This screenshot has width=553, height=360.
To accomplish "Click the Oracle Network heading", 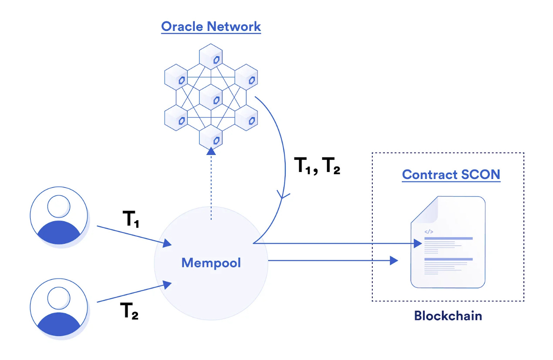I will pos(211,26).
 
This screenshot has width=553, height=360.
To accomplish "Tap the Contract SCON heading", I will pos(451,175).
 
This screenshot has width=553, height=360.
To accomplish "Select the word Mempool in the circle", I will pos(211,263).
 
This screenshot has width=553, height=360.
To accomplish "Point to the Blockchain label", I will pos(448,315).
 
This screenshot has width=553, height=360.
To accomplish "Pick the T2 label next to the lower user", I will pos(129,312).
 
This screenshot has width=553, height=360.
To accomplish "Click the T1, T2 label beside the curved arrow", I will pos(317,166).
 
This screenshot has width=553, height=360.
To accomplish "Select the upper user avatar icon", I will pos(59,216).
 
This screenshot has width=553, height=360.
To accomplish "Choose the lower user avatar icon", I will pos(59,309).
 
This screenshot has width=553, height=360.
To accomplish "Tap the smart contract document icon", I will pos(448,242).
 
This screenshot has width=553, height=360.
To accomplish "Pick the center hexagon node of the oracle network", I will pos(211,98).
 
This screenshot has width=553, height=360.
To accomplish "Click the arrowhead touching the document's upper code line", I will pos(418,243).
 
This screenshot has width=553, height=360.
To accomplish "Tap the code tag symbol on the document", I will pos(428,232).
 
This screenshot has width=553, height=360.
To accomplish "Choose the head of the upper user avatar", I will pos(59,206).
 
